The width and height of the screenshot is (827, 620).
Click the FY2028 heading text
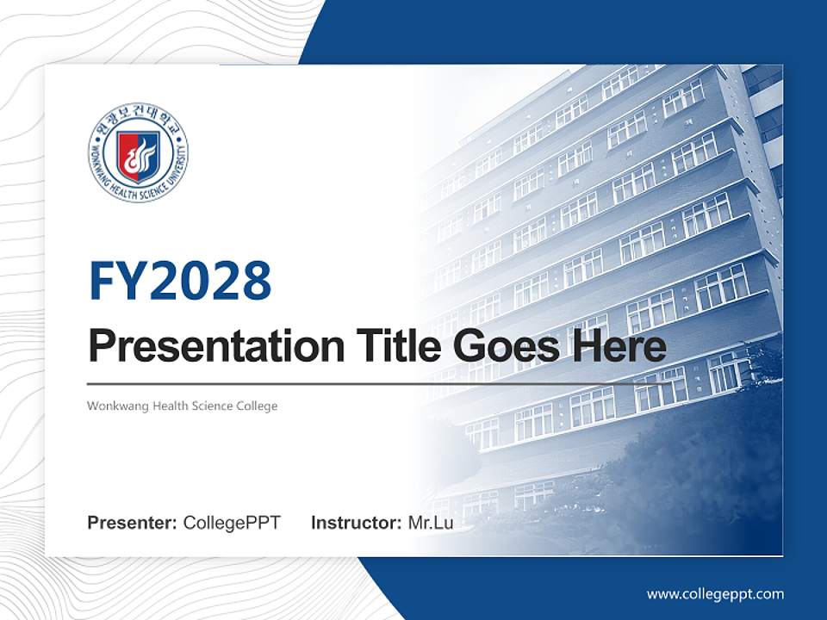(180, 281)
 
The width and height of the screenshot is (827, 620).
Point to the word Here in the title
(622, 347)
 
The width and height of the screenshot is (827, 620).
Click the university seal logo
(138, 155)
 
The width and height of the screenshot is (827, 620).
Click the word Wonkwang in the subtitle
(117, 406)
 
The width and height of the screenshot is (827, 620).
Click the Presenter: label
(133, 523)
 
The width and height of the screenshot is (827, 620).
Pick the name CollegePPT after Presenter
(232, 523)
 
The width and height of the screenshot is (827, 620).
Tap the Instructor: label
(356, 523)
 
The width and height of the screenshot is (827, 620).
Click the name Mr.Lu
(430, 523)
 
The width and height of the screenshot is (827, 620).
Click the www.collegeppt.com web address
(715, 594)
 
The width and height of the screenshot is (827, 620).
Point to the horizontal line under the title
(345, 384)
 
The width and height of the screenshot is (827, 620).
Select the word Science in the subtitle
(213, 406)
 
